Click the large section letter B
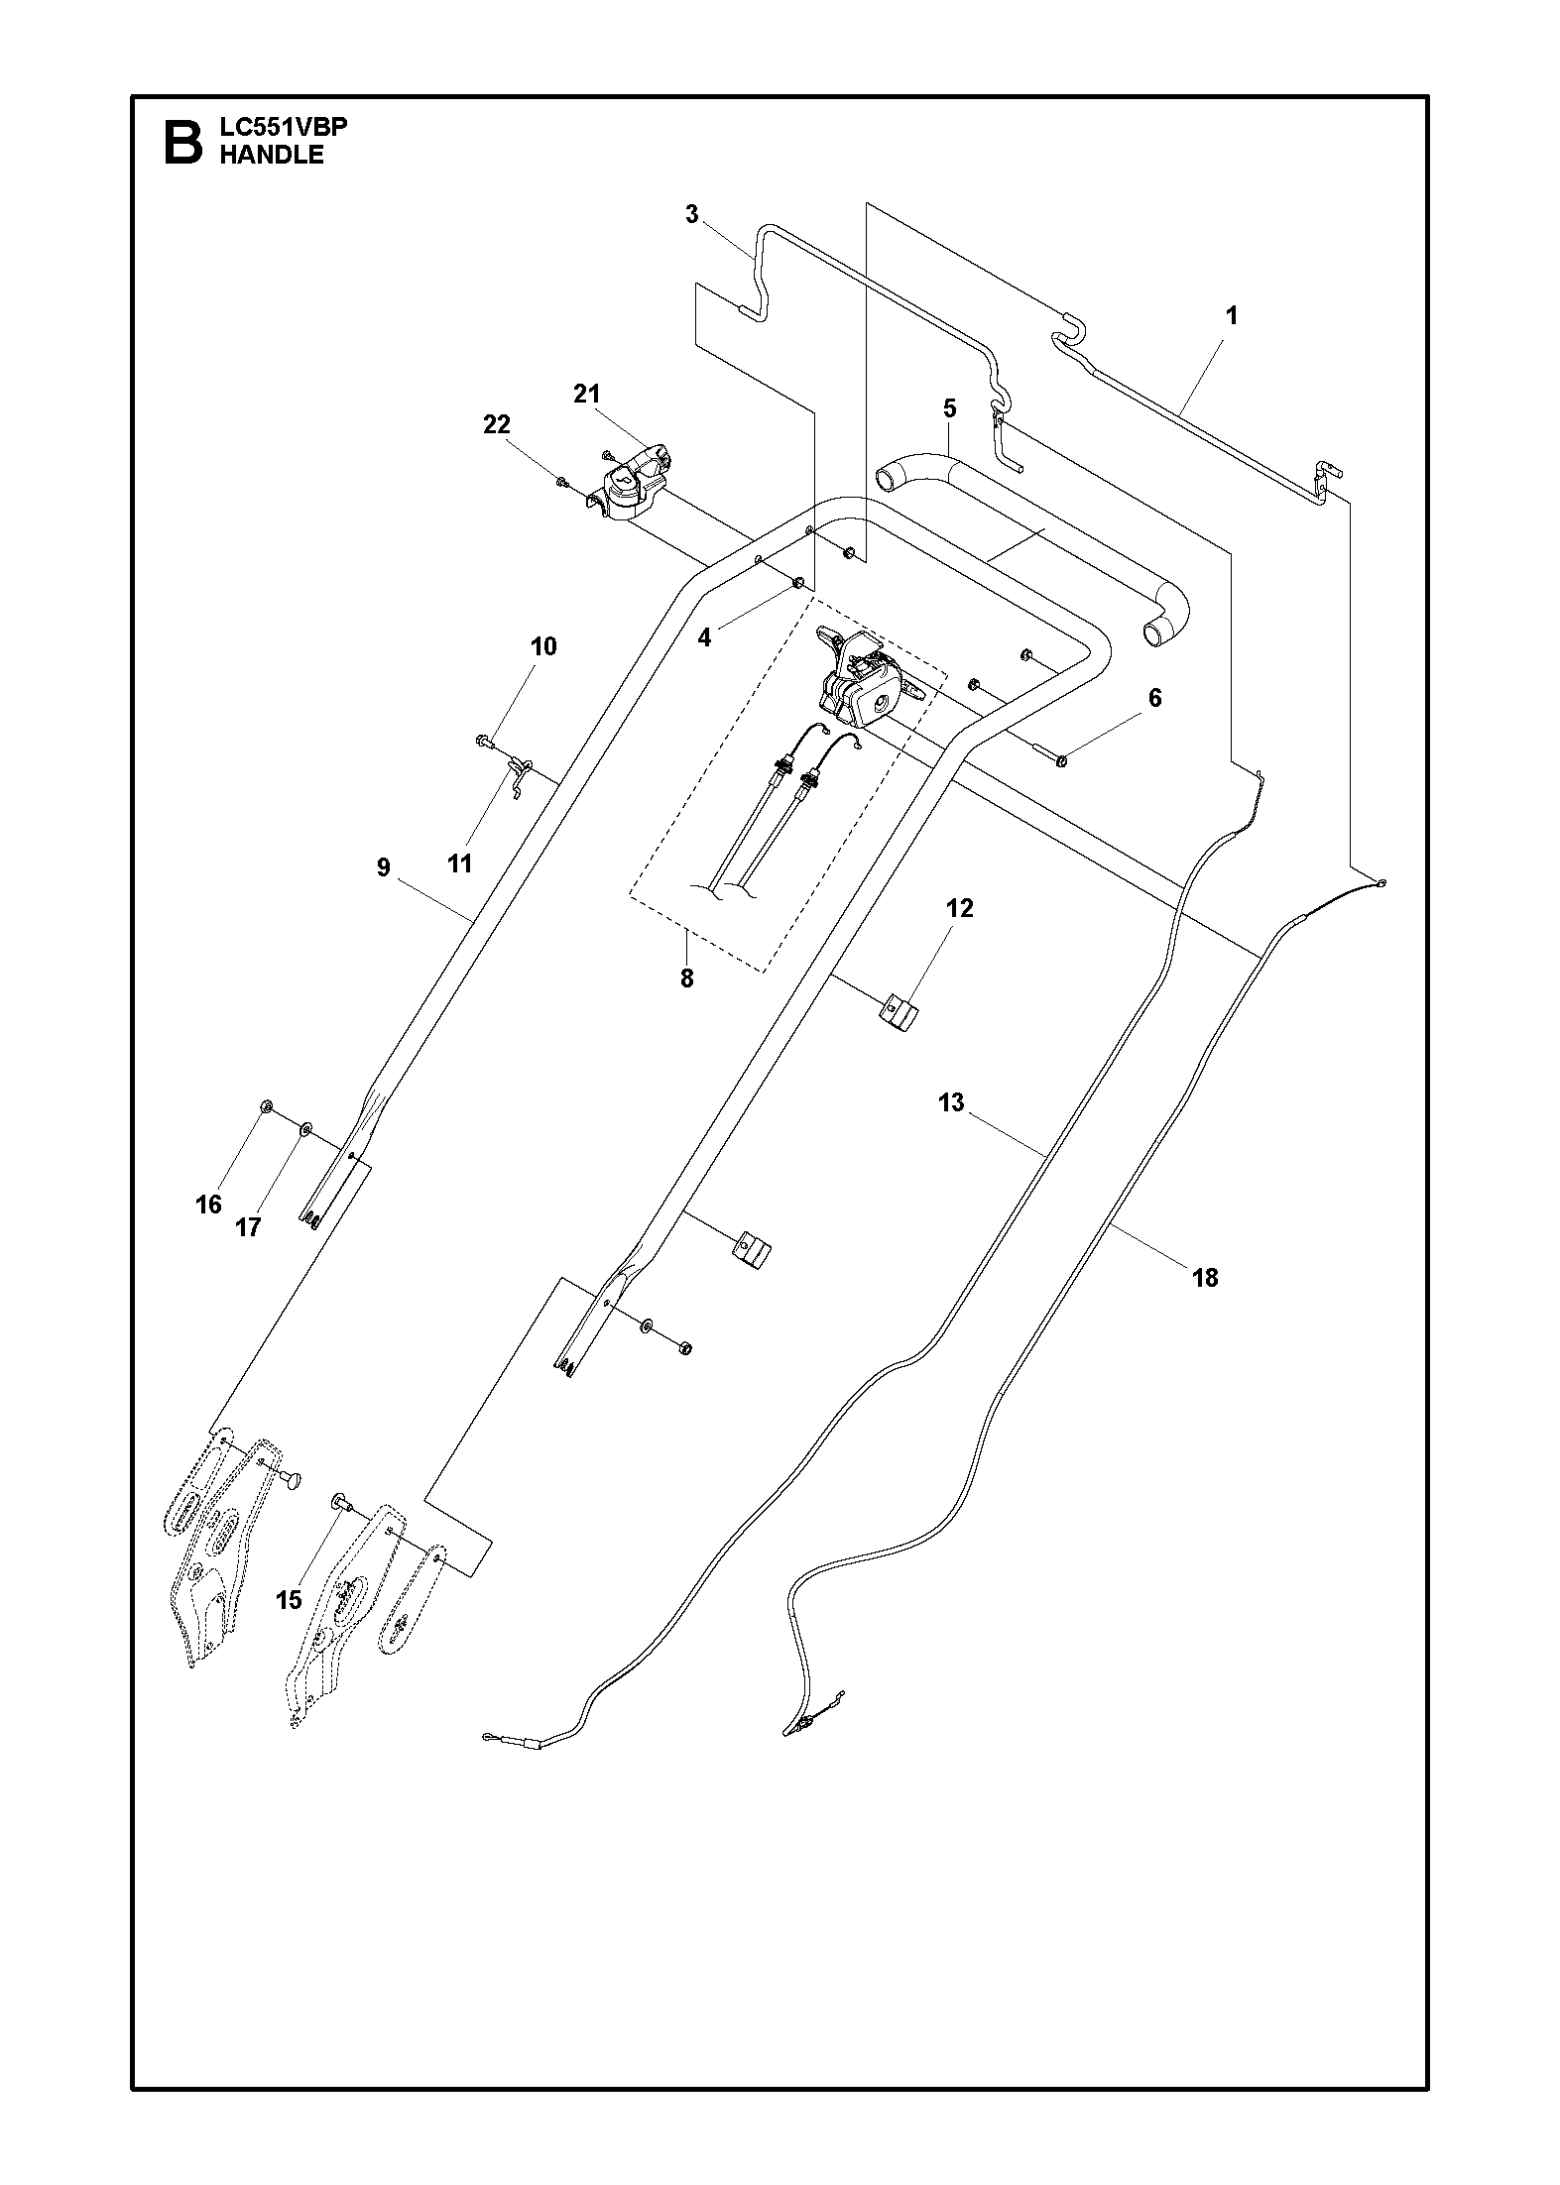[181, 143]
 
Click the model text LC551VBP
[284, 128]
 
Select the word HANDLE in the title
[272, 155]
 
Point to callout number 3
[692, 213]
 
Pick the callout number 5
[949, 408]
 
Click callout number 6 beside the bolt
[1154, 698]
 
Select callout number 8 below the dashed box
[686, 978]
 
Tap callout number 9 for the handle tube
[384, 867]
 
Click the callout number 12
[959, 908]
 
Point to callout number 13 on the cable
[951, 1102]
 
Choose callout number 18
[1205, 1278]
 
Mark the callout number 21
[587, 395]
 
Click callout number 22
[497, 424]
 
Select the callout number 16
[208, 1205]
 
